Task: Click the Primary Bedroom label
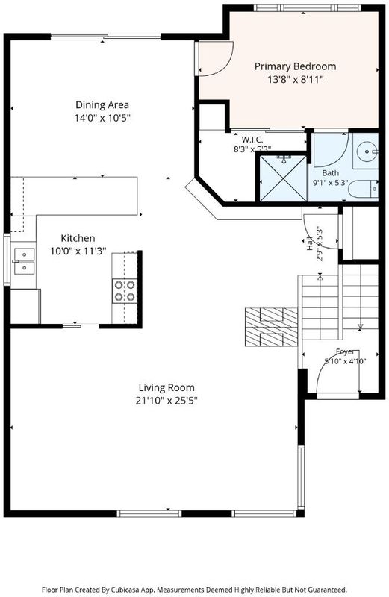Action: click(x=295, y=66)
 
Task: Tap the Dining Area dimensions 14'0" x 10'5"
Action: click(x=102, y=118)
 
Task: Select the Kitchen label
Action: click(x=78, y=238)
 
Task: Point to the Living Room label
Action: click(x=167, y=387)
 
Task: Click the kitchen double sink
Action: click(x=25, y=261)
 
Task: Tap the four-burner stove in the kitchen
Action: click(x=125, y=290)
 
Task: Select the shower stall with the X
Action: click(x=283, y=178)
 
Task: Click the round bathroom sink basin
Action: click(x=366, y=151)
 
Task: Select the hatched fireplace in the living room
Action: click(x=271, y=327)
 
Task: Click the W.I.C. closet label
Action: click(x=252, y=140)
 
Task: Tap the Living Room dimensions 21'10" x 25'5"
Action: click(x=167, y=401)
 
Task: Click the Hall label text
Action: click(x=309, y=244)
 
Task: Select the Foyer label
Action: click(x=345, y=351)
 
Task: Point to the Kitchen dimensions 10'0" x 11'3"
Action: click(x=78, y=251)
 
